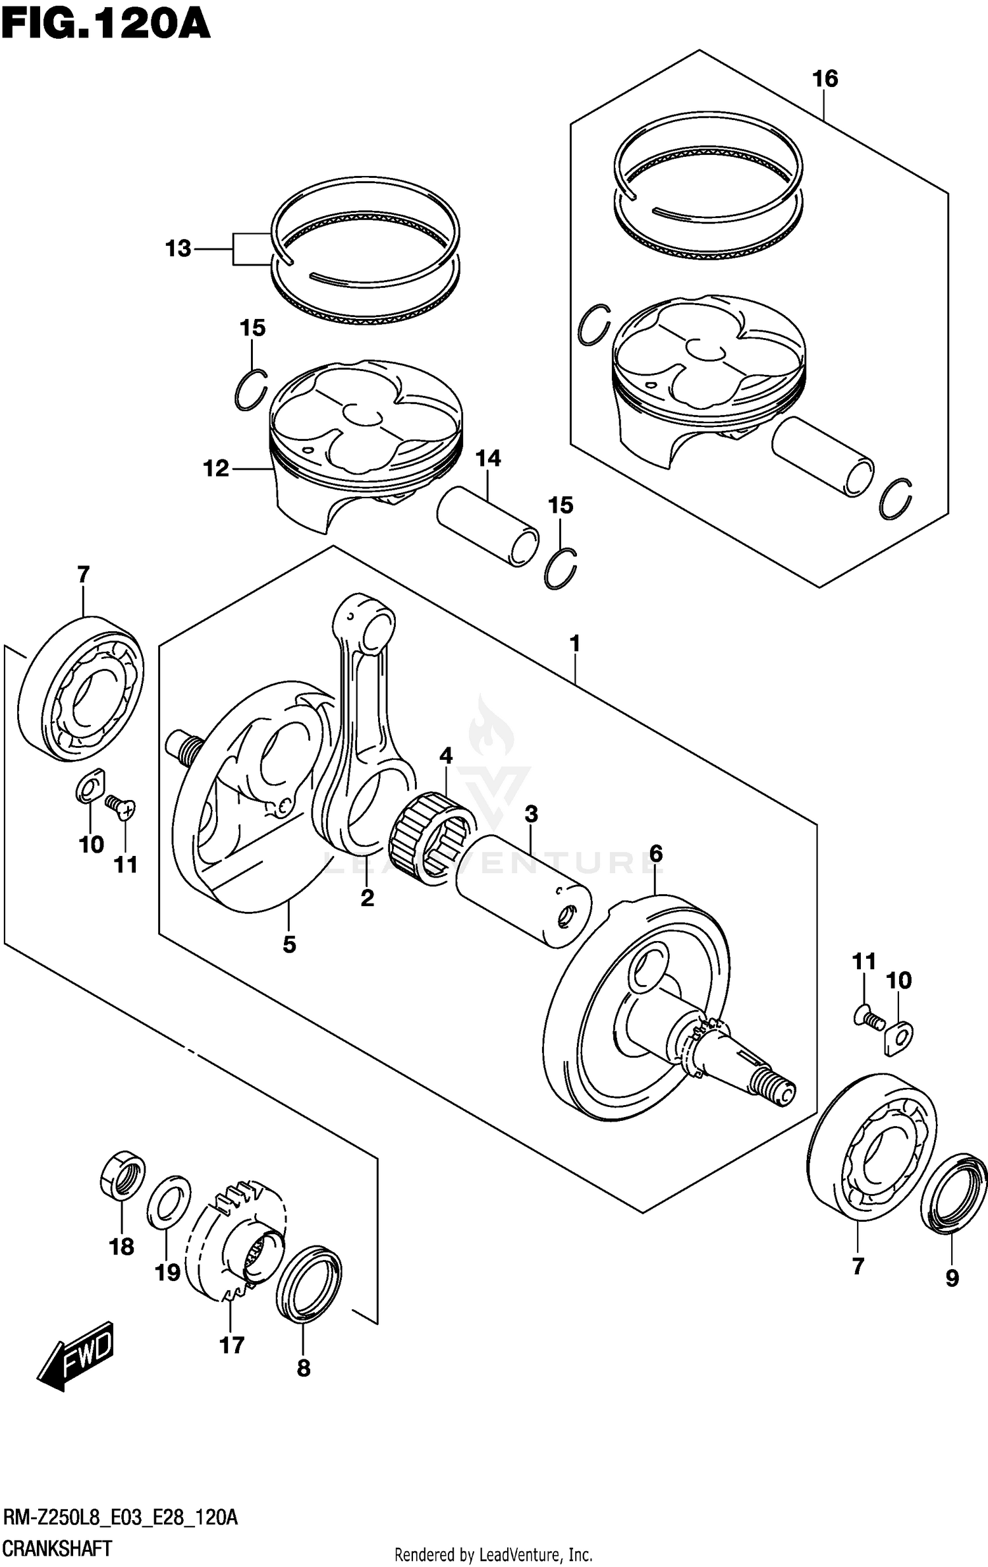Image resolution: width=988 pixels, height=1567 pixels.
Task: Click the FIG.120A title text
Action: pos(105,26)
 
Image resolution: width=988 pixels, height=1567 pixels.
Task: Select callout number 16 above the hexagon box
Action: pos(825,79)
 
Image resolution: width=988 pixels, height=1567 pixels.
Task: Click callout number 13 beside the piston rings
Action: pos(178,249)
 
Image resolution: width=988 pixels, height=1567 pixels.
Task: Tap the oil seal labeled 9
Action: pos(953,1193)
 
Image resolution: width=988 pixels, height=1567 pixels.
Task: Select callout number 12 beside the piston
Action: pos(216,469)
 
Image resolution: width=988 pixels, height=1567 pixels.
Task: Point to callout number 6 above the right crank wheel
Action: pos(655,854)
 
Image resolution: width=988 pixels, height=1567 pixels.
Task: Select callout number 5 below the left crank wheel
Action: pos(289,944)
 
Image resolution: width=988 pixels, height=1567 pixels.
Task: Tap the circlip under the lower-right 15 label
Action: pos(561,568)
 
